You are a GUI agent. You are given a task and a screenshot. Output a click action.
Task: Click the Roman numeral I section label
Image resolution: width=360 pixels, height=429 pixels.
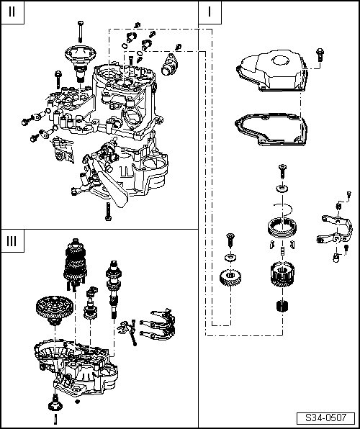pyautogui.click(x=210, y=12)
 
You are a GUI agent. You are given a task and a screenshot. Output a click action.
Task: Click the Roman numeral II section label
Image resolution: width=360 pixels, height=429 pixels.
pyautogui.click(x=12, y=12)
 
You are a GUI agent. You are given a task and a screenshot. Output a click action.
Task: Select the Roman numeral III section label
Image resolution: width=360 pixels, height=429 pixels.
pyautogui.click(x=12, y=241)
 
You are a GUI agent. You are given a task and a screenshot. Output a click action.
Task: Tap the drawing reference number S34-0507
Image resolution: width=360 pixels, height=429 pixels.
pyautogui.click(x=325, y=417)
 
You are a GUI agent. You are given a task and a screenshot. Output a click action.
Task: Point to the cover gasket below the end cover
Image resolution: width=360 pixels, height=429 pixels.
pyautogui.click(x=271, y=130)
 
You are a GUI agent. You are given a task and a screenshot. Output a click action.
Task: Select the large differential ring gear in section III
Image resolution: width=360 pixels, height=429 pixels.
pyautogui.click(x=55, y=310)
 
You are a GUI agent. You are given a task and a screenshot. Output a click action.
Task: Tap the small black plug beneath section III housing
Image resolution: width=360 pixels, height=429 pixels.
pyautogui.click(x=77, y=402)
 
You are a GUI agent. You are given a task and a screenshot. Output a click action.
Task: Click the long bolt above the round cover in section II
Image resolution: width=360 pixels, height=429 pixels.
pyautogui.click(x=80, y=32)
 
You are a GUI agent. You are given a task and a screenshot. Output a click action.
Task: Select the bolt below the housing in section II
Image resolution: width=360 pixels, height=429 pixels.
pyautogui.click(x=108, y=212)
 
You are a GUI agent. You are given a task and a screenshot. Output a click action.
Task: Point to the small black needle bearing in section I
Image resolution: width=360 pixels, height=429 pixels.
pyautogui.click(x=282, y=306)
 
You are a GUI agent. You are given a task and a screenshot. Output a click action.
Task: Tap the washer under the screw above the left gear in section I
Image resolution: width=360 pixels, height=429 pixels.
pyautogui.click(x=230, y=258)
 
